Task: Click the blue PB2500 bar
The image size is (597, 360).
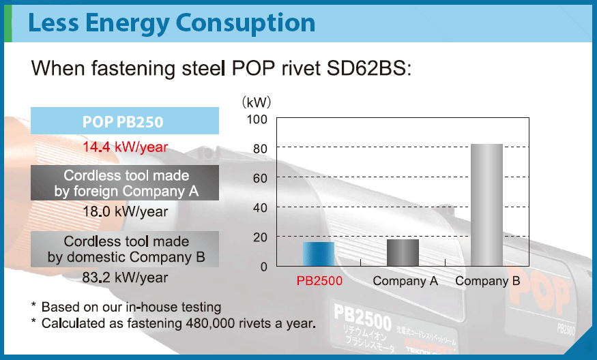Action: click(319, 254)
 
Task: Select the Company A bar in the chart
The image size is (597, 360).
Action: click(403, 252)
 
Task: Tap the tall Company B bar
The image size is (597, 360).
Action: click(486, 205)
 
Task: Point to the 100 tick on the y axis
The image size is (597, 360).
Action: click(257, 119)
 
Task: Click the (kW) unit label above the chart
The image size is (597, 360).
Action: click(257, 102)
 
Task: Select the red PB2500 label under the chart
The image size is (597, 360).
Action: click(319, 281)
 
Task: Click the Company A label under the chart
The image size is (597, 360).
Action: click(405, 281)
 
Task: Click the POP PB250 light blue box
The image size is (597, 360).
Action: click(125, 121)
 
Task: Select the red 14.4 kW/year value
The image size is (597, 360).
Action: click(125, 147)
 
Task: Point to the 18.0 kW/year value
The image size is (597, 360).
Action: click(125, 211)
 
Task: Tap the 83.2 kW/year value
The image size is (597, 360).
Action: click(125, 277)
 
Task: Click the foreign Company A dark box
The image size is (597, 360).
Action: click(125, 183)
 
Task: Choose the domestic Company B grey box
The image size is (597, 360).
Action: click(125, 249)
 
